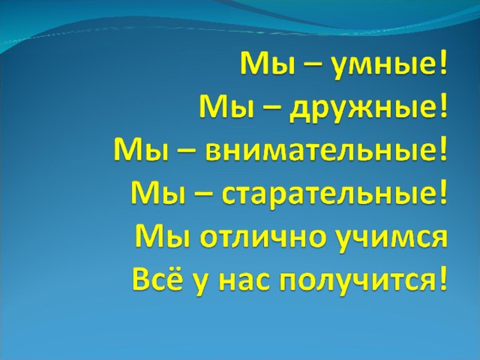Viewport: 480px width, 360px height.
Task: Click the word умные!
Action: (390, 65)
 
